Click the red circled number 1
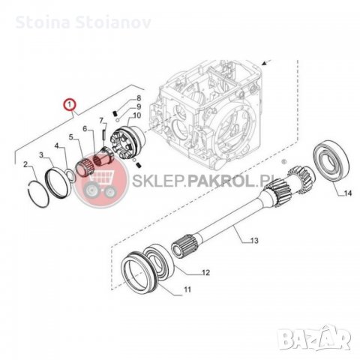tap(69, 104)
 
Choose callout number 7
tap(103, 120)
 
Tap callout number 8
tap(139, 99)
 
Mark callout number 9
tap(139, 108)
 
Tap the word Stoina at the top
tap(27, 10)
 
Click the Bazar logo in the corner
tap(329, 346)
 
